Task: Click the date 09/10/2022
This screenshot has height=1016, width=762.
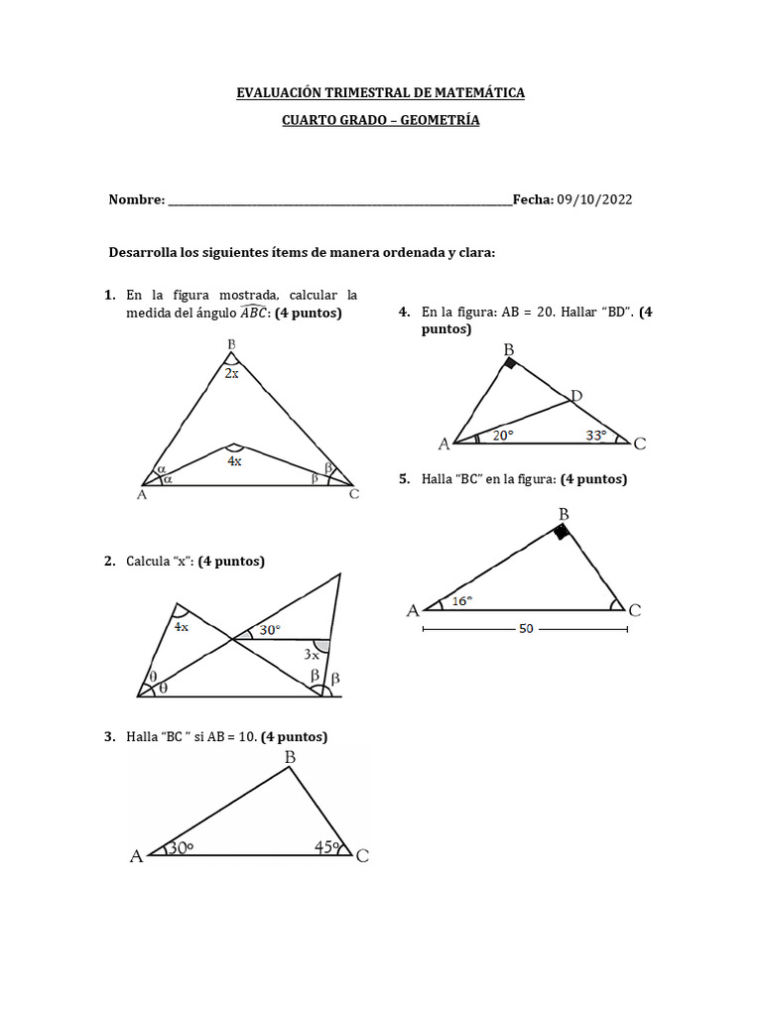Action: (594, 199)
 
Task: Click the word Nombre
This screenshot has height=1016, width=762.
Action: (135, 199)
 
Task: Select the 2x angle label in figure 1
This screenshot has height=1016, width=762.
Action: (230, 374)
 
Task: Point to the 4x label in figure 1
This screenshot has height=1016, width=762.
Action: (234, 460)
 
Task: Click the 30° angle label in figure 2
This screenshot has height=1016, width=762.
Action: (269, 630)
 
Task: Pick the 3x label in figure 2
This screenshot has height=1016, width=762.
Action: (312, 655)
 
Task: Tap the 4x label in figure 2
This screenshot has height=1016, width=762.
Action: (183, 627)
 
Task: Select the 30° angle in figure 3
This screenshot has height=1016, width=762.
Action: (180, 848)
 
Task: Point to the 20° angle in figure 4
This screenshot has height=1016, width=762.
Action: (504, 434)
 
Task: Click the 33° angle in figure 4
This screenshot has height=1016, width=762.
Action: (596, 434)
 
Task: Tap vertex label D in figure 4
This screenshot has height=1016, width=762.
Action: (576, 396)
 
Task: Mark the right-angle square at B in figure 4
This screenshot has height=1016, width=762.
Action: (510, 364)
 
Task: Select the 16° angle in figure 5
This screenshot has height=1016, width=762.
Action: (462, 600)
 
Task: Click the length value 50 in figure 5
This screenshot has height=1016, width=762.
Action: (526, 628)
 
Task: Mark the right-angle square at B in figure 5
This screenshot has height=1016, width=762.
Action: (562, 532)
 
